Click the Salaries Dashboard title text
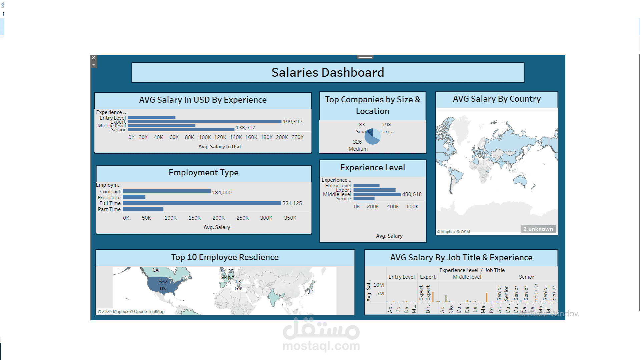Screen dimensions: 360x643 click(x=328, y=72)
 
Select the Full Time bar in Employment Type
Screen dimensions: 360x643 click(x=201, y=203)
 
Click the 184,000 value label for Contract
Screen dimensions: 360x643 click(x=221, y=193)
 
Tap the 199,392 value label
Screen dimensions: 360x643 click(x=292, y=122)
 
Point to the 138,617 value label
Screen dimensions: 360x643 click(x=245, y=128)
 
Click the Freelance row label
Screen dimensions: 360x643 click(x=109, y=198)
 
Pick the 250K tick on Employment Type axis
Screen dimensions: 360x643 click(x=242, y=218)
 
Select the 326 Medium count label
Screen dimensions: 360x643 click(x=358, y=145)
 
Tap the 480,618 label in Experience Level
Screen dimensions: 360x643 click(x=412, y=194)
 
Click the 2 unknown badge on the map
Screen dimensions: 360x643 click(x=538, y=229)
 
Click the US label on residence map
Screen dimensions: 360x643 click(x=163, y=289)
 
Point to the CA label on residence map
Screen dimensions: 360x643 click(x=155, y=270)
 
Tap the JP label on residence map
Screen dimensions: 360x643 click(x=310, y=292)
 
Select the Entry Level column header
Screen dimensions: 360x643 click(x=401, y=277)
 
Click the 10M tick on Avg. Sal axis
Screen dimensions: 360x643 click(x=378, y=285)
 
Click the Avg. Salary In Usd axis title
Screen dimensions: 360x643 click(x=219, y=147)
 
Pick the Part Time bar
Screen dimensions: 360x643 click(x=143, y=209)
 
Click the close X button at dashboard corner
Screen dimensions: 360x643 click(x=93, y=58)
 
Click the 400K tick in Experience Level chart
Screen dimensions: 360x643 click(x=393, y=207)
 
